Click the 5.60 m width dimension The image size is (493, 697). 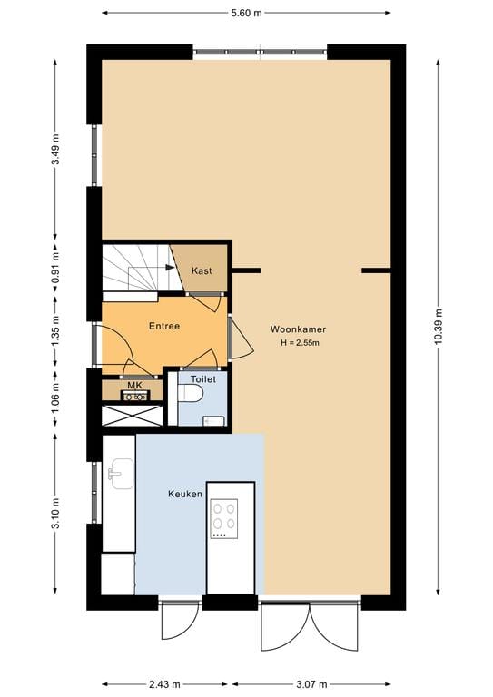[x=246, y=13]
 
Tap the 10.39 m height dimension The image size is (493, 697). [x=438, y=327]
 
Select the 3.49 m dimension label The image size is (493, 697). [x=55, y=149]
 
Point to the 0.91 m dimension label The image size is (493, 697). [x=55, y=268]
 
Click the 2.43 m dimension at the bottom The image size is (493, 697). [x=164, y=684]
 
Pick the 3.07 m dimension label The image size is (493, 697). [x=311, y=684]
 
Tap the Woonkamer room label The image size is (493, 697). [x=298, y=329]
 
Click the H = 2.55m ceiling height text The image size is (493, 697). [x=301, y=343]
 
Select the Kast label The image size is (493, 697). [x=202, y=270]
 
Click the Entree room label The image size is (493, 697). [x=164, y=326]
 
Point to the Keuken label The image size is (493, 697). [x=185, y=494]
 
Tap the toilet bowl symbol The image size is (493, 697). [x=191, y=392]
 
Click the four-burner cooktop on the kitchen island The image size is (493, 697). [x=224, y=519]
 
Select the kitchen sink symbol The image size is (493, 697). [x=120, y=474]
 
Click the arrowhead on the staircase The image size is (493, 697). [x=170, y=267]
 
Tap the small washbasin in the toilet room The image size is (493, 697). [x=214, y=421]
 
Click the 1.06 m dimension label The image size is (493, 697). [x=55, y=398]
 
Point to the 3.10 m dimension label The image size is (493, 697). [x=55, y=514]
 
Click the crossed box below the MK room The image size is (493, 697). [x=132, y=416]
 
